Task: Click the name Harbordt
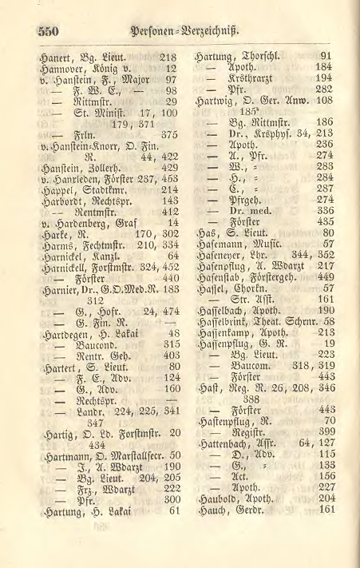[x=61, y=201]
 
